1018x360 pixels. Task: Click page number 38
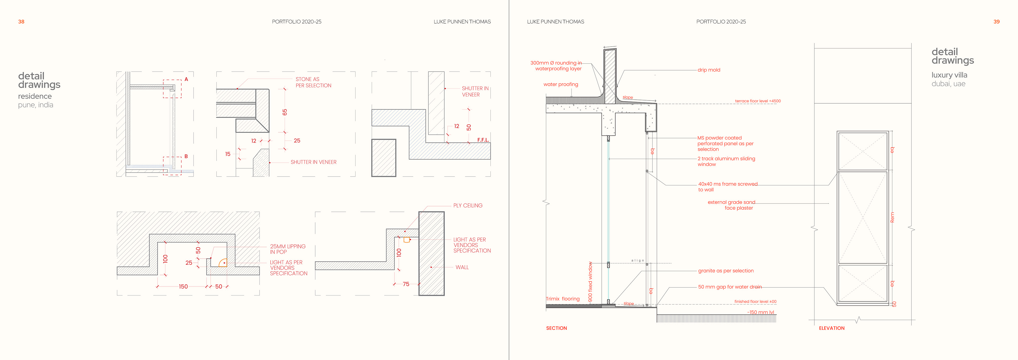point(21,22)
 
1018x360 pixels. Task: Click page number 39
point(996,22)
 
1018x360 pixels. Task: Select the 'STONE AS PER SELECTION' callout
point(313,82)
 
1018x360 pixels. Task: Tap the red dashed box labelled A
point(172,89)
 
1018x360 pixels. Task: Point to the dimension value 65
point(284,112)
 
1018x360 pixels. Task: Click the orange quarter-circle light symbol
point(223,263)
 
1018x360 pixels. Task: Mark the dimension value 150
point(183,287)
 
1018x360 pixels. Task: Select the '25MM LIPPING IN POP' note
point(287,249)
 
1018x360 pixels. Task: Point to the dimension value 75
point(406,284)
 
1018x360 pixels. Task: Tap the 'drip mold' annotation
point(709,70)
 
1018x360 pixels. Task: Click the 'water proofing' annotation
point(560,84)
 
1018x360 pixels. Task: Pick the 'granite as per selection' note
point(726,271)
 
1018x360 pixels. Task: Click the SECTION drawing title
point(556,328)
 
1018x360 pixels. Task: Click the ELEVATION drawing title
point(831,328)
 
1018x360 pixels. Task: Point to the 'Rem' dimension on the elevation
point(892,217)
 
